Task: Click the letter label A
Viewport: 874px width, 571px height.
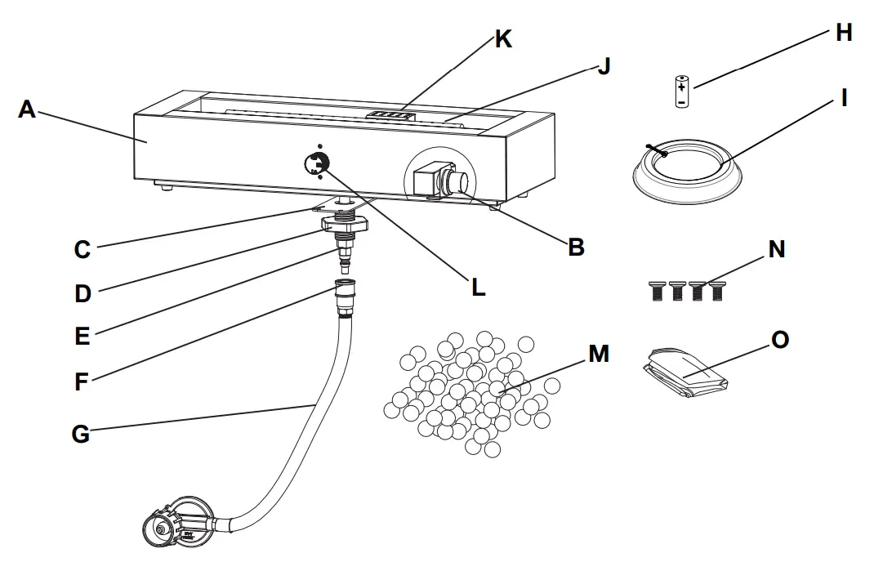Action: [27, 109]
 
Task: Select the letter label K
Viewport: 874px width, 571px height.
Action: [503, 38]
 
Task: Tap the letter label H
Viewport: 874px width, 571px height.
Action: [844, 33]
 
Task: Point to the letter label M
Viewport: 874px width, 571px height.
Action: [599, 354]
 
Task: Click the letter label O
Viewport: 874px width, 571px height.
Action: [780, 339]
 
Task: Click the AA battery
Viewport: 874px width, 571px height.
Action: [681, 91]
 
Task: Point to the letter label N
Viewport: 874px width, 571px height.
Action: [776, 249]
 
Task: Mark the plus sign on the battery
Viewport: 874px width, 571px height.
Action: [681, 85]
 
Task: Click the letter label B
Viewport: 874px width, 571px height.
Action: [576, 248]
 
